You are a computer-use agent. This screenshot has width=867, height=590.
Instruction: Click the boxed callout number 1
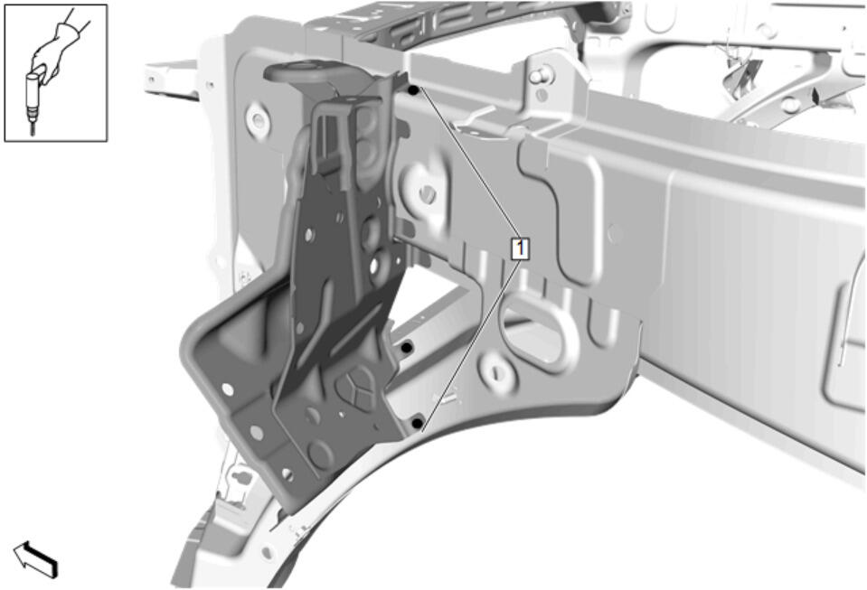coord(521,248)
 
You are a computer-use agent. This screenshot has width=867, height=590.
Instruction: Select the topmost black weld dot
coord(413,89)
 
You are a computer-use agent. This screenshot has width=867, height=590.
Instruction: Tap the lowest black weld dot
coord(418,424)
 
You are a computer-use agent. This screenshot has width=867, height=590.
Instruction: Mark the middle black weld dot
coord(407,348)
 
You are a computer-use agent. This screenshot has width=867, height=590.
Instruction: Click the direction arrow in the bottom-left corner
coord(35,559)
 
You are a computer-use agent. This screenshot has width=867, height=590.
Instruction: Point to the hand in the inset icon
coord(55,51)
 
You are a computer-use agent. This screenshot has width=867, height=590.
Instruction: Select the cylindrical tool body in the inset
coord(34,94)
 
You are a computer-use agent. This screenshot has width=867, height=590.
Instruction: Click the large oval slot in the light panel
coord(532,331)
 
